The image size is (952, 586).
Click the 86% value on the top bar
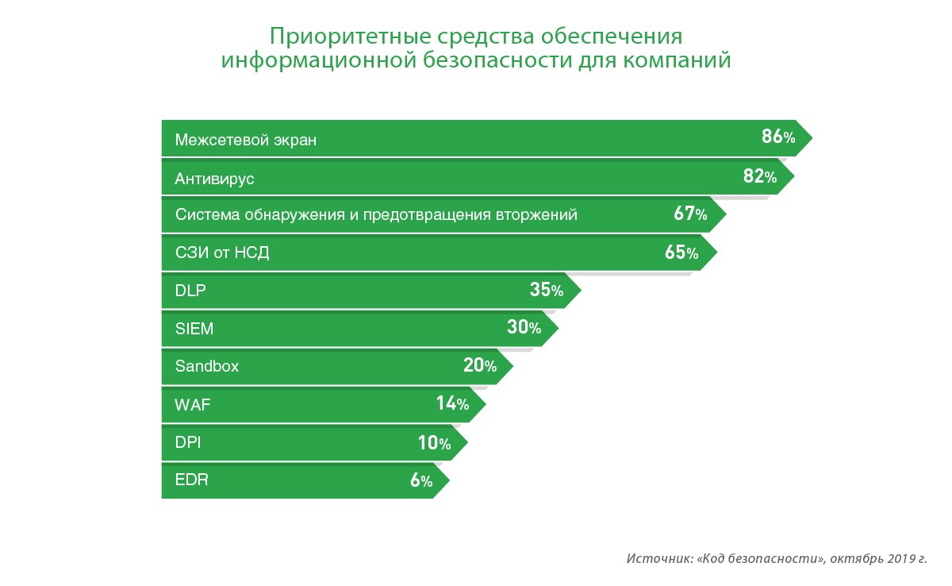777,137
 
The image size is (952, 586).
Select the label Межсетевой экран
245,140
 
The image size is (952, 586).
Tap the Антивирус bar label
214,178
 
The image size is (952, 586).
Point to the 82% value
759,176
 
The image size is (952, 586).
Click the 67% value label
689,214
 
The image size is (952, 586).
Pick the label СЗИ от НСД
222,253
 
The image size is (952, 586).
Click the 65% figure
681,253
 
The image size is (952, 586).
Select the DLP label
190,291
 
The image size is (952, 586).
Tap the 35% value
546,290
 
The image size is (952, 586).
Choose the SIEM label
194,329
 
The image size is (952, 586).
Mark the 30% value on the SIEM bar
523,327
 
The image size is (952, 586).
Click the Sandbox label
206,367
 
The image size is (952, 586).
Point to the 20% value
479,365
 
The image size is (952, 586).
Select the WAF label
192,405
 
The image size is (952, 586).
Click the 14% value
451,403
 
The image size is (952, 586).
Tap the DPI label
188,442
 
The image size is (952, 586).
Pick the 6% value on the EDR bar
420,480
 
